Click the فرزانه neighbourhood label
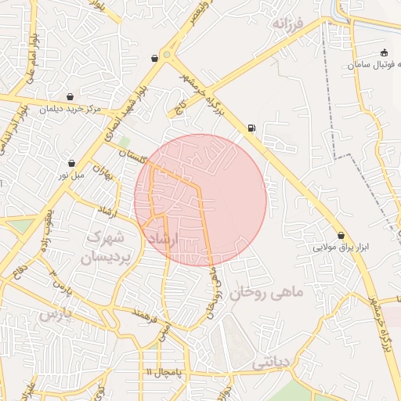coord(287,24)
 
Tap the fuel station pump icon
coord(250,127)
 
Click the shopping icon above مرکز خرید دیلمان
coord(70,97)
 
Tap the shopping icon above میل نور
coord(72,164)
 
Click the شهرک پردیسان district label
coord(104,246)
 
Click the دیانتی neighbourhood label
coord(271,363)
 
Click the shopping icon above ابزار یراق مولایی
coord(341,235)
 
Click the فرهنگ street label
coord(146,317)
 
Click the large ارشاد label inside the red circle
coord(163,237)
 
